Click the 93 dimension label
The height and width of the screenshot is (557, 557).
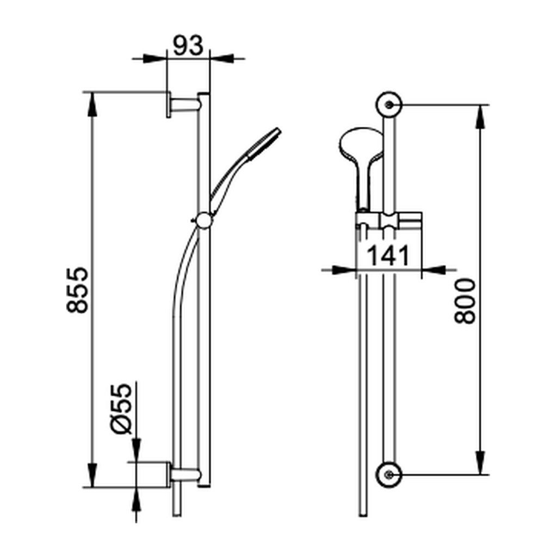coord(188,45)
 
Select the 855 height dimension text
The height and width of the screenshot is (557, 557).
coord(77,290)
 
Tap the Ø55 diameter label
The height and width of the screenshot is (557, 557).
coord(121,409)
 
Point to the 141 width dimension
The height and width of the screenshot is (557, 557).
coord(388,256)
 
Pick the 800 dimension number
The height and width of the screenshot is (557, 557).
coord(465,301)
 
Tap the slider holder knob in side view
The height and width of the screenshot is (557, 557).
coord(204,221)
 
